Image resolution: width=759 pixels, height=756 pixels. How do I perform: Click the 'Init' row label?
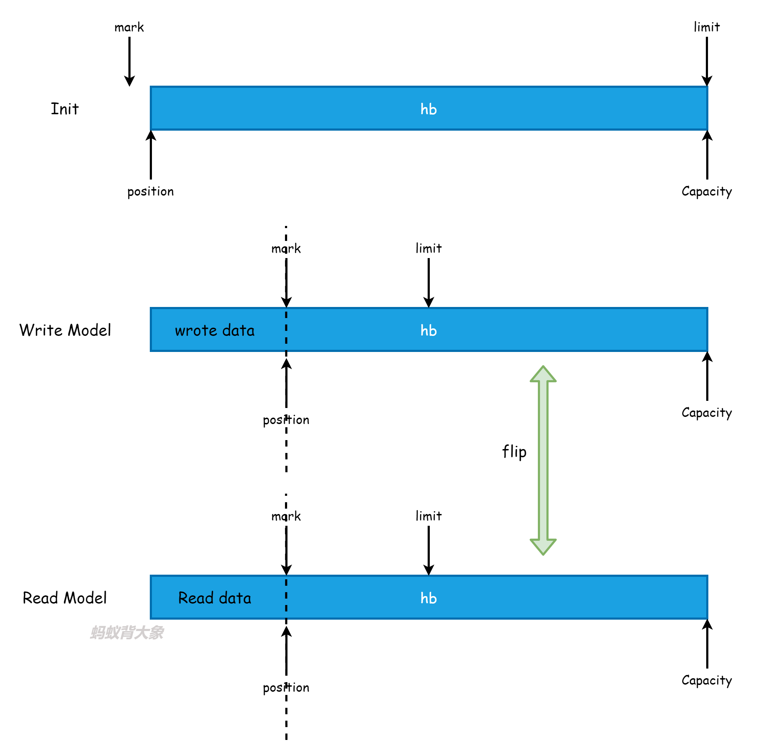[65, 109]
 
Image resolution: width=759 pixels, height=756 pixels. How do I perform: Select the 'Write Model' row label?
[65, 330]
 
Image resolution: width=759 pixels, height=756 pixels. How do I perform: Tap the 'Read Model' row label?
[65, 598]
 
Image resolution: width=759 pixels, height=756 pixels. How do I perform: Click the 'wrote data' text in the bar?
[215, 331]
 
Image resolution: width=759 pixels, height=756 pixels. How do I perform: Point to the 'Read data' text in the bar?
[215, 598]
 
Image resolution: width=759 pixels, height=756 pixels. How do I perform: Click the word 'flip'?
[514, 452]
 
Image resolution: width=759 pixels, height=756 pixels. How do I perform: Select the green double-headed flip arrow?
[543, 460]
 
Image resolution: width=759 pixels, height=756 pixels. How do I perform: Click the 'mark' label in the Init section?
[129, 27]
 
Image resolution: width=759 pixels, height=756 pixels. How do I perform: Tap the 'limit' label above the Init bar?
[707, 27]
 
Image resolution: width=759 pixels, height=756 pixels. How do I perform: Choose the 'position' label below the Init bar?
[151, 191]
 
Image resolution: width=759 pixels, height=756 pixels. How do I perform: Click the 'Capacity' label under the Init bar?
[707, 191]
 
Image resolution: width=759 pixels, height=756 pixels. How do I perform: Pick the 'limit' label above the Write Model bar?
[429, 248]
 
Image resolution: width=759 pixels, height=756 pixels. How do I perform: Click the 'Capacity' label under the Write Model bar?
[707, 413]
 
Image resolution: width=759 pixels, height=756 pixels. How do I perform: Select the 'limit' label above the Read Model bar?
[429, 516]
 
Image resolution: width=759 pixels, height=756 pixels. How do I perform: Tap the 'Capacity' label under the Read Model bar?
[707, 681]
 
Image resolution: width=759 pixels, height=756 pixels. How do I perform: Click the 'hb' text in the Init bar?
[429, 109]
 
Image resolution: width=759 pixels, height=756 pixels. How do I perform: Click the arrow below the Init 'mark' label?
[129, 61]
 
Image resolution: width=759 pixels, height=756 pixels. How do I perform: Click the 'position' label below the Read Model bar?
[286, 688]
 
